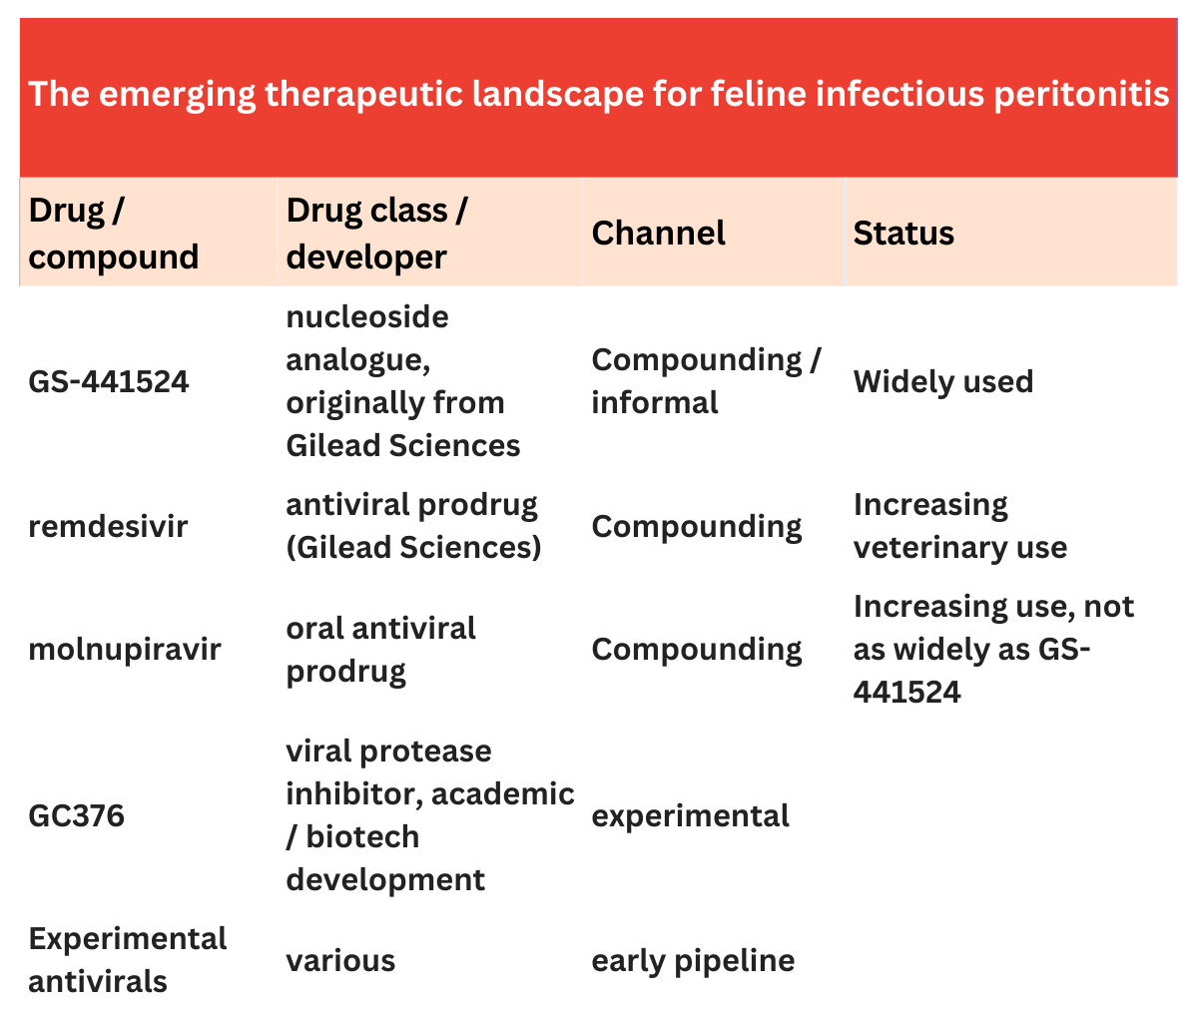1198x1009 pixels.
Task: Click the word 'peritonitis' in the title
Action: (x=1081, y=94)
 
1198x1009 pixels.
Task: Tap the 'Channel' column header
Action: (x=658, y=233)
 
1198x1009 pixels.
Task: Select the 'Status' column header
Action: (x=903, y=233)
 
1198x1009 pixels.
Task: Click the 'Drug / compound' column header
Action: (x=113, y=234)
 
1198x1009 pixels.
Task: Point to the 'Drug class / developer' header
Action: (x=377, y=234)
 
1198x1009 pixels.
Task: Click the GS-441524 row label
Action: (x=109, y=381)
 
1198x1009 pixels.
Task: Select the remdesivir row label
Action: (x=108, y=526)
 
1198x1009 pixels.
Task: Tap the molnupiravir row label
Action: (x=125, y=650)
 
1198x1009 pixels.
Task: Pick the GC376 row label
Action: (x=76, y=815)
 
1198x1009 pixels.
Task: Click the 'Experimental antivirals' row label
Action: (x=128, y=960)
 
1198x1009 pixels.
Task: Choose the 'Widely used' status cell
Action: (x=943, y=381)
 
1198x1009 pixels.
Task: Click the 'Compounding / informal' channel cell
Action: (x=706, y=381)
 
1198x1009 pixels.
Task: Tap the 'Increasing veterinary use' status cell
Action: (x=959, y=526)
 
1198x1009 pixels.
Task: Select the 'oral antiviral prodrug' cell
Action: (x=380, y=650)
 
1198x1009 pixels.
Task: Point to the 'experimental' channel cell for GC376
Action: (x=690, y=815)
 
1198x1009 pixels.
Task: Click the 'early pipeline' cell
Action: (x=693, y=961)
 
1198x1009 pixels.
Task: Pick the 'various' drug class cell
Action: (x=340, y=961)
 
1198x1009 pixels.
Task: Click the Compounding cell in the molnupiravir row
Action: (x=697, y=650)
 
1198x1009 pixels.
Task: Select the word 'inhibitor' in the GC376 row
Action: (x=354, y=794)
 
